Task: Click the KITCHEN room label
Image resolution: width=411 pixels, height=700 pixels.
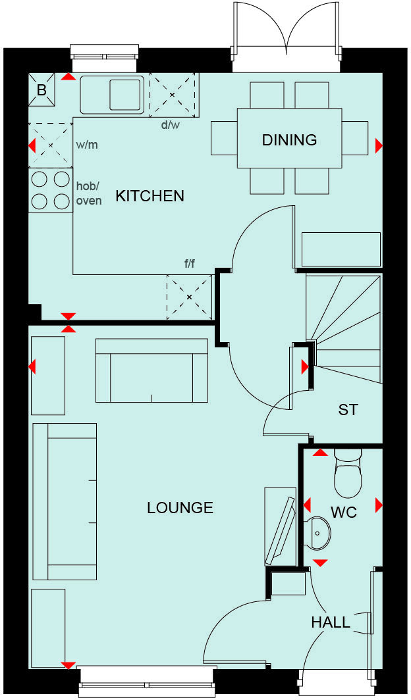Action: point(150,195)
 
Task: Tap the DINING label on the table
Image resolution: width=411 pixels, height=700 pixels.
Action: point(289,139)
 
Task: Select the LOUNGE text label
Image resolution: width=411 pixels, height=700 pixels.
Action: point(180,507)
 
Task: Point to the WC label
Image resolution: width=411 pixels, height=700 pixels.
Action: point(343,512)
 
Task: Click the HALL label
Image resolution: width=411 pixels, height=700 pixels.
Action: point(331,622)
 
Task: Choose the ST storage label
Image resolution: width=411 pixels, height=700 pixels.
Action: point(348,409)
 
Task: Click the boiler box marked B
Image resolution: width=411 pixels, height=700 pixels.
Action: point(41,90)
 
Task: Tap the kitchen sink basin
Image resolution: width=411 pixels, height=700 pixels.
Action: point(124,94)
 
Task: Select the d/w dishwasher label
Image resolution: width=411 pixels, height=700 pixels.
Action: point(170,125)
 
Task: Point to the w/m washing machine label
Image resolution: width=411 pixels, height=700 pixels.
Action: point(87,144)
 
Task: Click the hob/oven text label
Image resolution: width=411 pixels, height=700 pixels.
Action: point(89,193)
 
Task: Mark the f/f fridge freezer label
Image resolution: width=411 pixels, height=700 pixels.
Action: point(190,264)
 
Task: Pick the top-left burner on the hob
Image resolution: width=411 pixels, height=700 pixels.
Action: point(40,178)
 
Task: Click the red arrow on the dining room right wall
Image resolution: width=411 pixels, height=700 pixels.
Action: point(379,145)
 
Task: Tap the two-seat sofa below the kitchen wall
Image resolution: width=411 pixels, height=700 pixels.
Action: point(151,370)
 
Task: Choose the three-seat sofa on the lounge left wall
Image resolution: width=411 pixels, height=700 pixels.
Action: point(65,501)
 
